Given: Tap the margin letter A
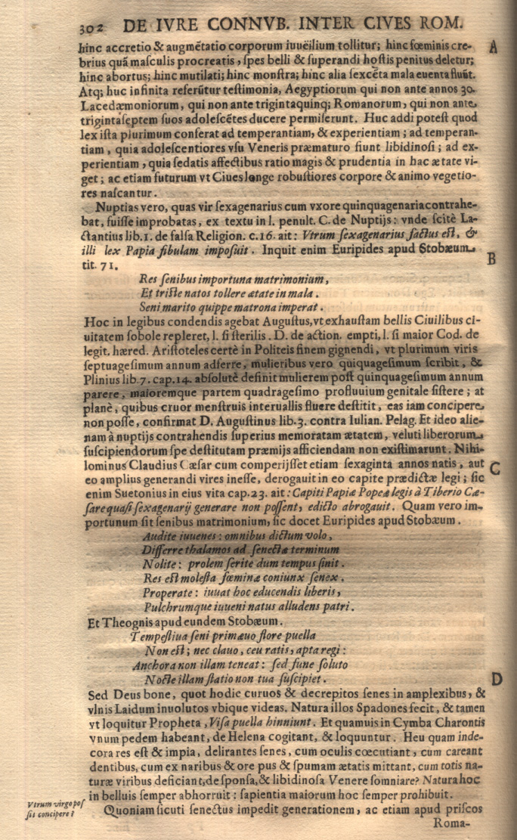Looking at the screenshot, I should coord(493,48).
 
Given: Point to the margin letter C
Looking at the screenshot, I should coord(494,466).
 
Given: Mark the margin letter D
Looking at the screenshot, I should coord(497,677).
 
